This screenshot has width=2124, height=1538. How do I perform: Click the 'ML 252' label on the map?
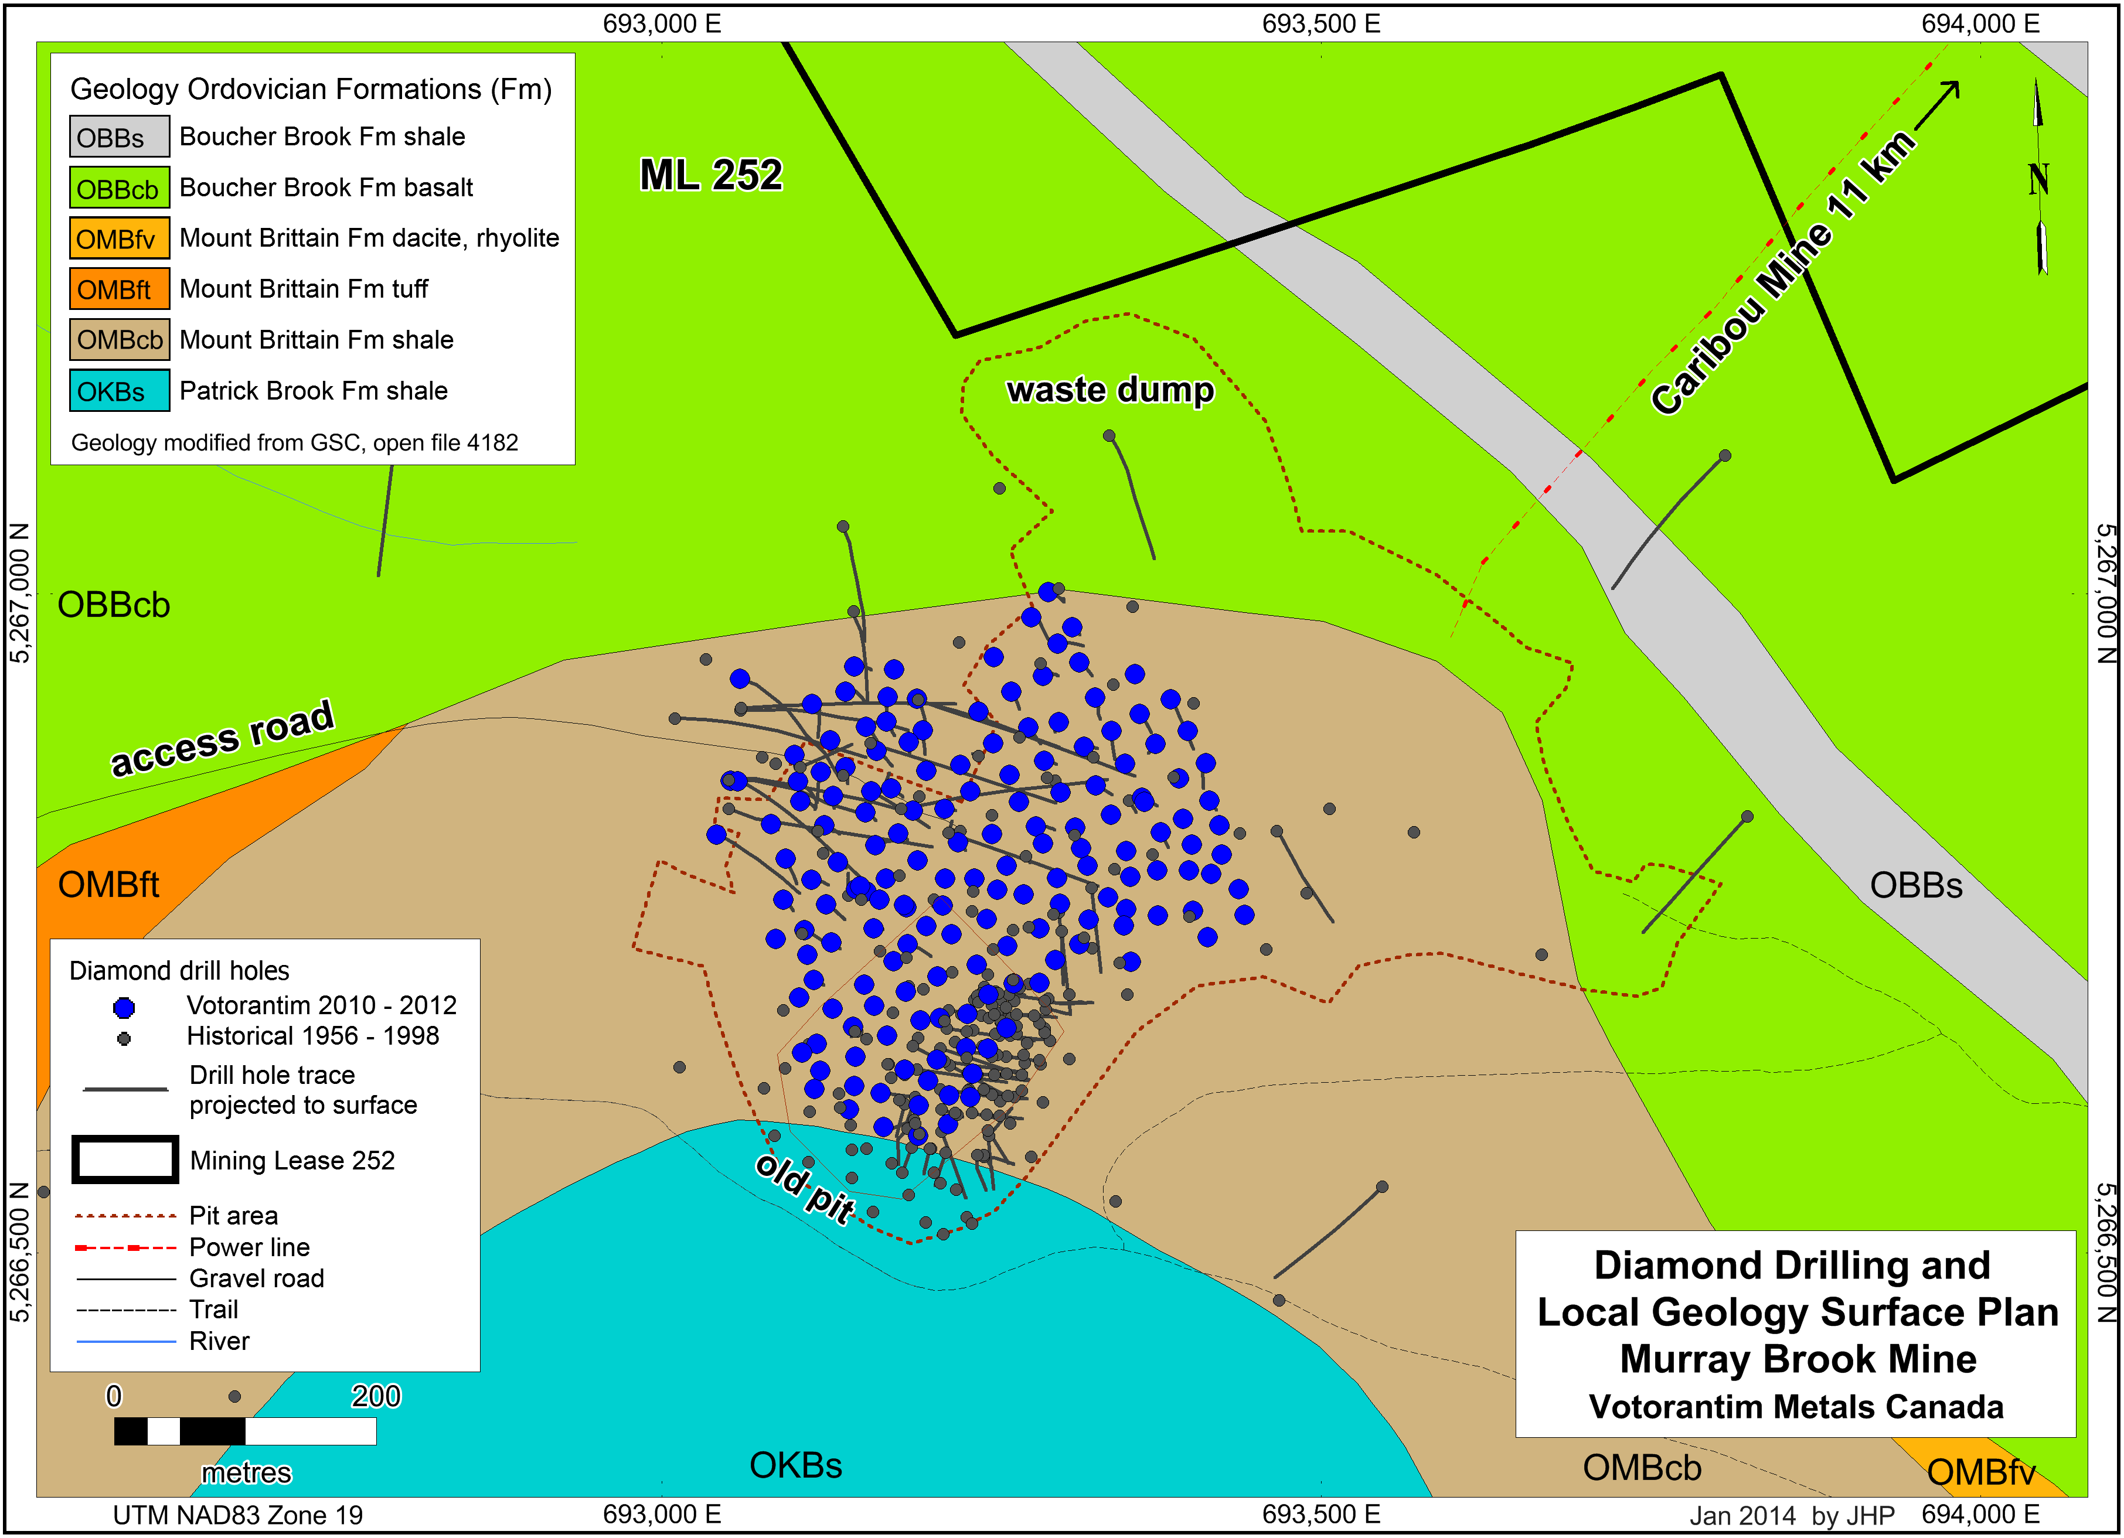(711, 175)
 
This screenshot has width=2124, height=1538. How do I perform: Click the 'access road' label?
(222, 739)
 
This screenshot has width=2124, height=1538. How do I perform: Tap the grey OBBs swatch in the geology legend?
(119, 137)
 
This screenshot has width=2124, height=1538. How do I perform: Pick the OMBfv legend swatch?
(119, 238)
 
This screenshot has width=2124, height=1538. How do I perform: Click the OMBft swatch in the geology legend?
(119, 289)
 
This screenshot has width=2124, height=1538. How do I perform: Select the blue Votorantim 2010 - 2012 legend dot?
(124, 1007)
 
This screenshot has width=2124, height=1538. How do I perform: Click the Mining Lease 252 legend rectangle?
(125, 1160)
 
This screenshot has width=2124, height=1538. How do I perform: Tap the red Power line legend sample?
(125, 1248)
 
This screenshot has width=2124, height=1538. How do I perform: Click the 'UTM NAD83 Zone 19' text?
(238, 1515)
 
